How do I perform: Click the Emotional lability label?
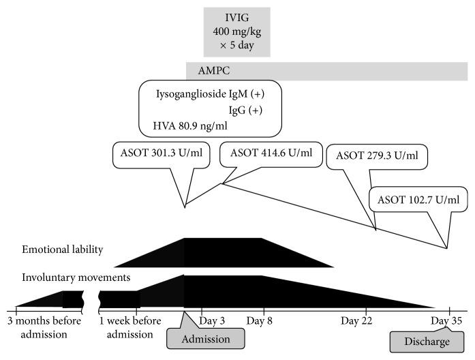click(62, 250)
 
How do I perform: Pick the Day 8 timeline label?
click(260, 320)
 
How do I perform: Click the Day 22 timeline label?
click(358, 320)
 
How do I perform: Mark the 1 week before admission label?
click(129, 327)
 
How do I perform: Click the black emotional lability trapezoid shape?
click(225, 253)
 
